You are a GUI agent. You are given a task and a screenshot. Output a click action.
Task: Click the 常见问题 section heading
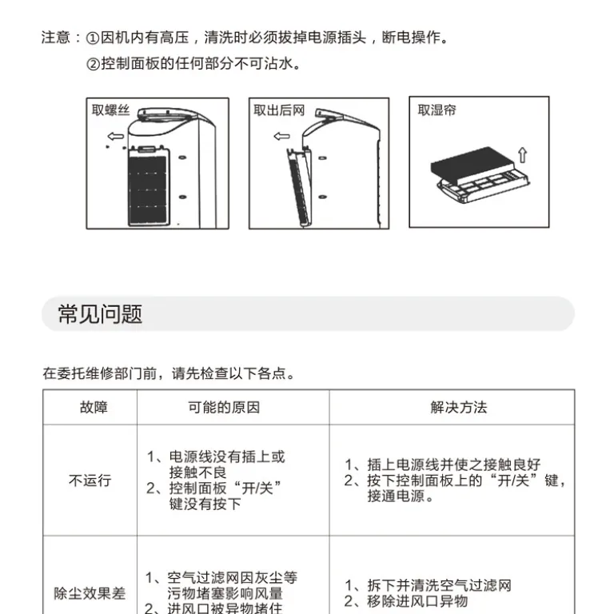[100, 314]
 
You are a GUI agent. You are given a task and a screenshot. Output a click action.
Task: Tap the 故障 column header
[94, 407]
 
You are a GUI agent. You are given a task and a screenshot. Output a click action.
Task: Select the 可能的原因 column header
[224, 407]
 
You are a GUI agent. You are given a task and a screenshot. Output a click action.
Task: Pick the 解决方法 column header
[459, 407]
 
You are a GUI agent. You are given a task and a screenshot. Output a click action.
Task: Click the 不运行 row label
[90, 480]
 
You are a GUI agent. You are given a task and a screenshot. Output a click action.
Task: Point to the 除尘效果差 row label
[90, 593]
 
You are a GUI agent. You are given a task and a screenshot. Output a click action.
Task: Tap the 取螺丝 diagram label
[110, 110]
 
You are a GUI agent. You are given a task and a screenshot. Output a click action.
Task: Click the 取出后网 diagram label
[279, 110]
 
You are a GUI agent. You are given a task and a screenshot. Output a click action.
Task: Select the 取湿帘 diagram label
[437, 110]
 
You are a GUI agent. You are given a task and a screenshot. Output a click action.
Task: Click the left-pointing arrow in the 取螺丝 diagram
[115, 136]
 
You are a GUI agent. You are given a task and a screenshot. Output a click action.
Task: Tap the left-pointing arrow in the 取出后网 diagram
[281, 136]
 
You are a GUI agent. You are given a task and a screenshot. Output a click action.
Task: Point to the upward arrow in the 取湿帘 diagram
[523, 154]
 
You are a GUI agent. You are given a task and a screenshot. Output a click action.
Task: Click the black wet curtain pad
[472, 165]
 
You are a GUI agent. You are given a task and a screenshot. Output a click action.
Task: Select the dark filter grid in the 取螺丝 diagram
[148, 189]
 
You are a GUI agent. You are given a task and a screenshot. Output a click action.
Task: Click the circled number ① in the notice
[93, 38]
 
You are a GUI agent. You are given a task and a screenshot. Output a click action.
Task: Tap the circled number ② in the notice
[93, 63]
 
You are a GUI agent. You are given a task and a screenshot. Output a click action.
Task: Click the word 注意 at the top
[56, 38]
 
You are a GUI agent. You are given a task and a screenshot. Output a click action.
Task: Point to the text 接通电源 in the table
[396, 496]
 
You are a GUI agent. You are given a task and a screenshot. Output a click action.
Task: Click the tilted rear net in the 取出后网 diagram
[300, 188]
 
